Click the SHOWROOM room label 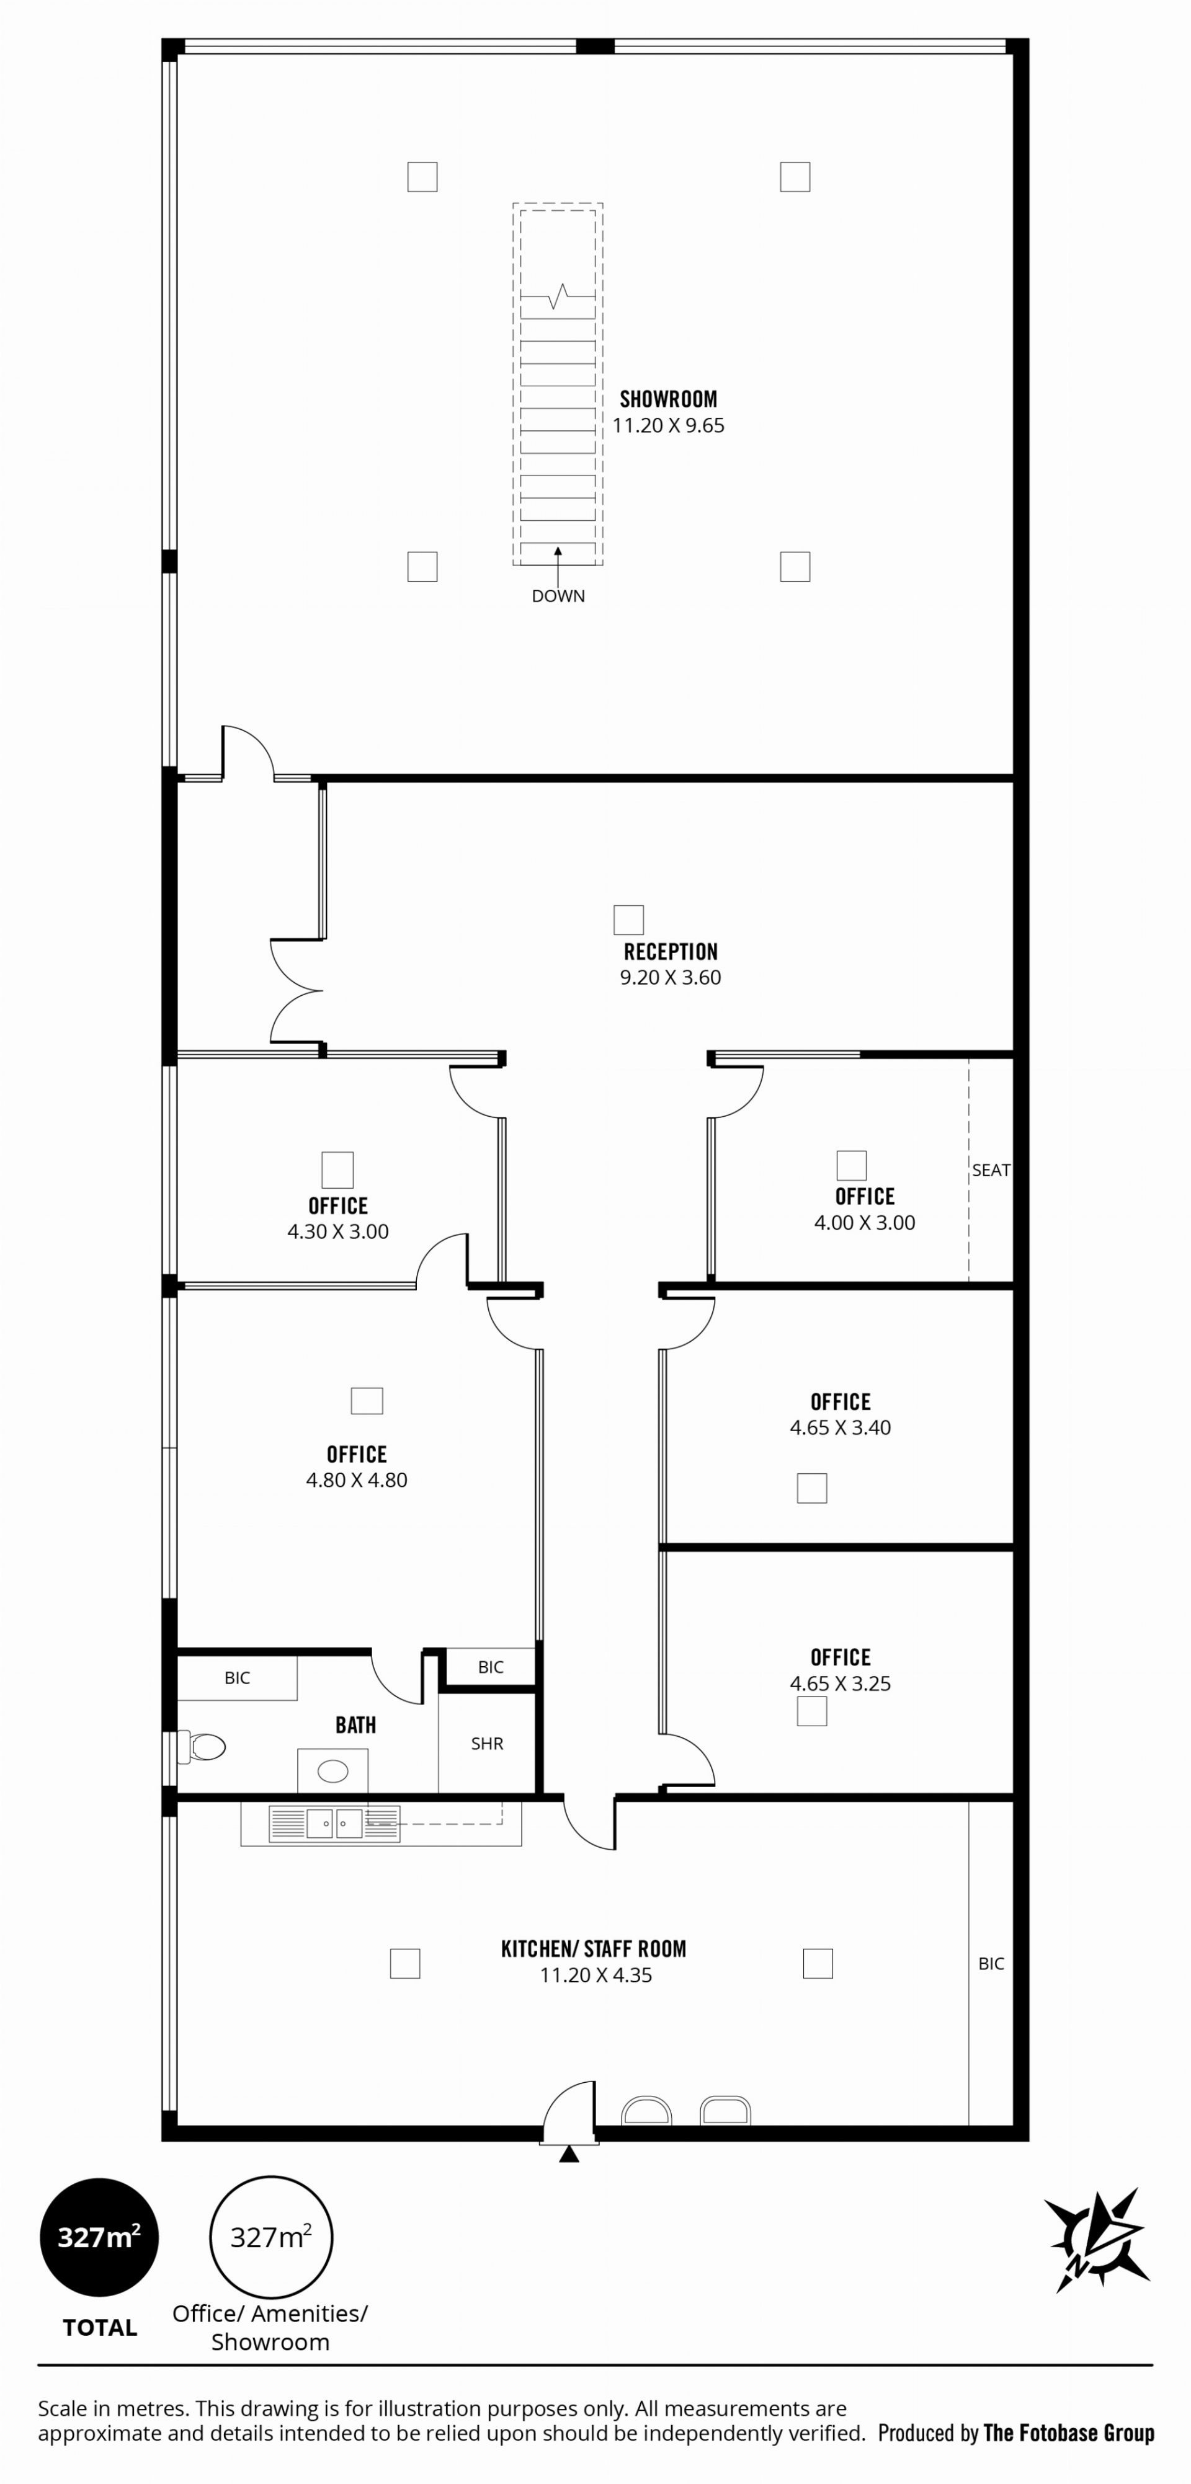click(668, 399)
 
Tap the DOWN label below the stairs click(558, 596)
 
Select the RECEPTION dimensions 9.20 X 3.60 click(670, 978)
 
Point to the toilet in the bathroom click(205, 1746)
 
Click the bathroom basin click(332, 1770)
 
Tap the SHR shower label click(487, 1744)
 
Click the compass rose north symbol click(1097, 2239)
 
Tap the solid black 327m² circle click(99, 2237)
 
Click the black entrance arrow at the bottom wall click(569, 2154)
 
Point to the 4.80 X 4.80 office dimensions click(357, 1480)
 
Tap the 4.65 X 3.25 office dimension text click(840, 1683)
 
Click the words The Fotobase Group click(1069, 2433)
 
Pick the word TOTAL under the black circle click(100, 2328)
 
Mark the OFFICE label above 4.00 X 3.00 click(865, 1197)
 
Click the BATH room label click(356, 1725)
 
